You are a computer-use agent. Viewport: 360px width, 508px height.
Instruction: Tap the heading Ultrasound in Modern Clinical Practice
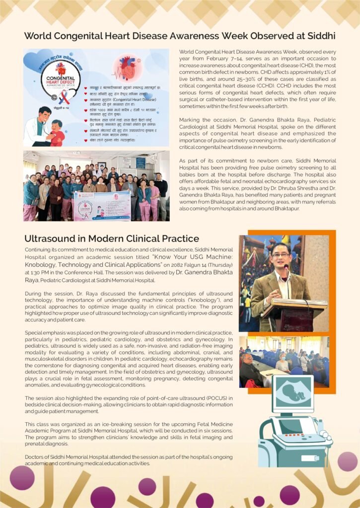(112, 239)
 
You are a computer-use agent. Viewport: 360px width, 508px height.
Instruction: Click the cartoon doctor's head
(44, 114)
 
